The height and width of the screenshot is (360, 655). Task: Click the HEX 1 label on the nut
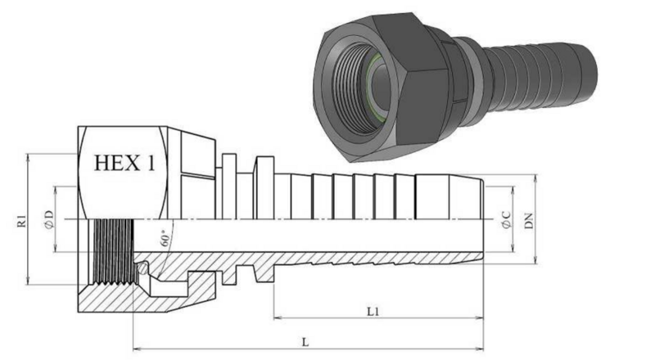[124, 163]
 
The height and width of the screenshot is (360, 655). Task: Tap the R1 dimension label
[22, 221]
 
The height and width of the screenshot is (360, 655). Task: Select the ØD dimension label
[49, 219]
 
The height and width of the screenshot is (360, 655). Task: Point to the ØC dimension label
[506, 219]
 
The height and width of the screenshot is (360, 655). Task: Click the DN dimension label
[529, 221]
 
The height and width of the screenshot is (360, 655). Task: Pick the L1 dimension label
[373, 312]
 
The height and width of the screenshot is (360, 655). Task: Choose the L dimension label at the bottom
[305, 343]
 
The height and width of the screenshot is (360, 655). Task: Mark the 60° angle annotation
[166, 237]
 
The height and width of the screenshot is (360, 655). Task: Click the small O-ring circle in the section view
[142, 268]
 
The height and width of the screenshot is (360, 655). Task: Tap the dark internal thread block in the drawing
[114, 251]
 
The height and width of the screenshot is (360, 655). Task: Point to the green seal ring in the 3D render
[378, 90]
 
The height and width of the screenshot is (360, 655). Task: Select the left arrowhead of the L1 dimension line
[277, 318]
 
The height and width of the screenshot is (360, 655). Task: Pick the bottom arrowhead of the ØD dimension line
[56, 248]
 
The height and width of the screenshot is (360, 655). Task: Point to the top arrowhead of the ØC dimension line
[513, 191]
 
